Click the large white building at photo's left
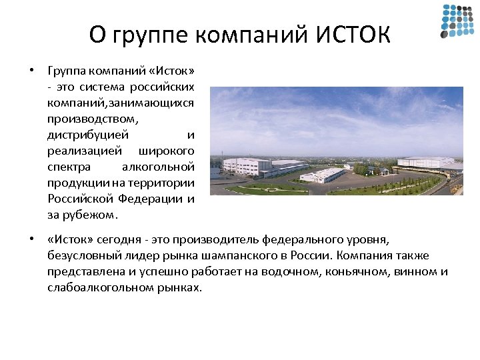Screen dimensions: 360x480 (248, 165)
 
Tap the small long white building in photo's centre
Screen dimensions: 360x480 (323, 175)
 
